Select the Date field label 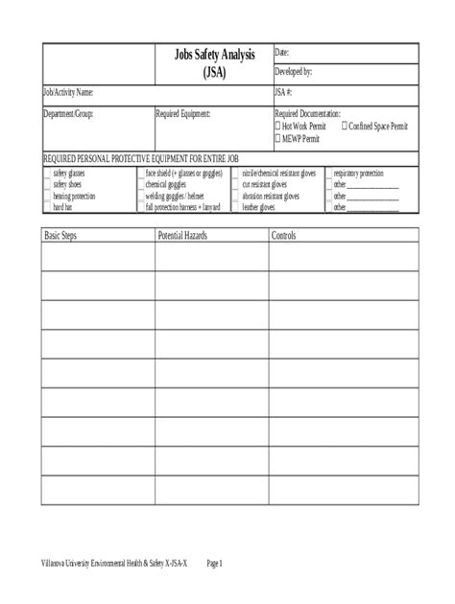coord(282,52)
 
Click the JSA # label coord(283,93)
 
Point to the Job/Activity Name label coord(68,93)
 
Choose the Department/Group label coord(70,113)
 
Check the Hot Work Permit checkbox coord(278,126)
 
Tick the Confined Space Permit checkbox coord(345,126)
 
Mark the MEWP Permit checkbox coord(278,137)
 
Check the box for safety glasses coord(47,174)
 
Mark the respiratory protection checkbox coord(327,174)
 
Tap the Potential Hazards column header coord(182,235)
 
